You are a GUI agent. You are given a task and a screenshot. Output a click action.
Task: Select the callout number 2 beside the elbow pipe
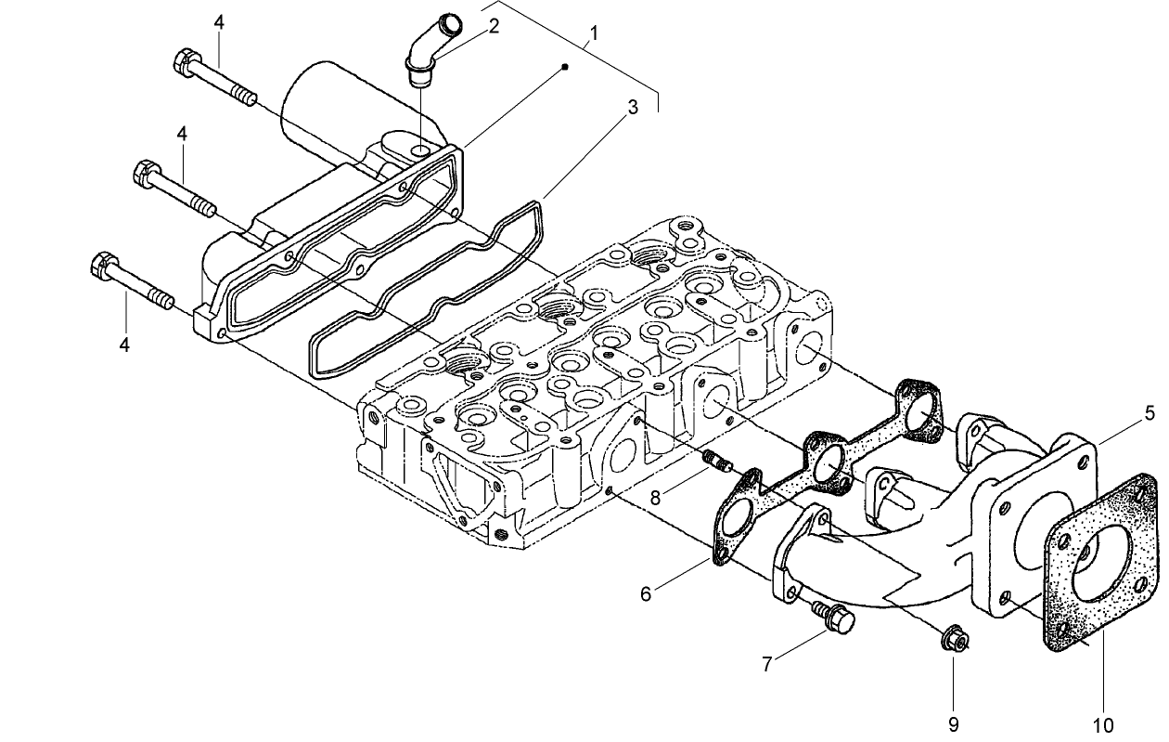[494, 26]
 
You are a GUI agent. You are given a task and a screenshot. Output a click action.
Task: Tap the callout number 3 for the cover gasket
[633, 107]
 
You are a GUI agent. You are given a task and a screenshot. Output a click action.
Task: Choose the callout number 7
[767, 664]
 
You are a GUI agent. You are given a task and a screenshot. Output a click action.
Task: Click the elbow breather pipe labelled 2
[430, 48]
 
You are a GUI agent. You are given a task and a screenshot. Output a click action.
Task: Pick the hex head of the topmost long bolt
[184, 63]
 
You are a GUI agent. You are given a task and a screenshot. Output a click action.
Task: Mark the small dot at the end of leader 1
[566, 68]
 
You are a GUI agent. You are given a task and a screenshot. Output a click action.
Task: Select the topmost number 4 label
[219, 21]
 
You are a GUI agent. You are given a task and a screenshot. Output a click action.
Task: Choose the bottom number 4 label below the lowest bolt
[125, 345]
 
